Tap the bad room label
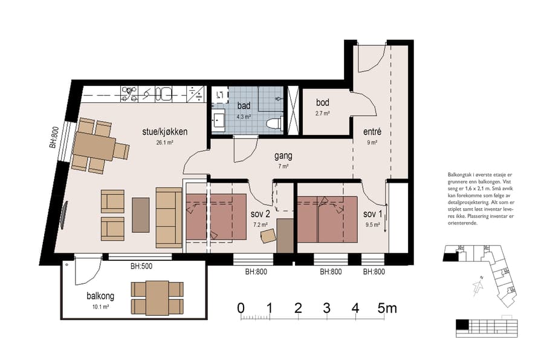click(244, 106)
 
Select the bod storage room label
click(322, 103)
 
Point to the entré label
click(371, 132)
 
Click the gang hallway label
click(282, 155)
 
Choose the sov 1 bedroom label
click(372, 214)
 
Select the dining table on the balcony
click(157, 298)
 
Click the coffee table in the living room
click(141, 215)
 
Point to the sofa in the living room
click(169, 217)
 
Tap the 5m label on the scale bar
click(387, 309)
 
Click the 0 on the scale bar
click(241, 309)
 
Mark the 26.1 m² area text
click(165, 143)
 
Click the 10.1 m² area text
click(100, 307)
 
